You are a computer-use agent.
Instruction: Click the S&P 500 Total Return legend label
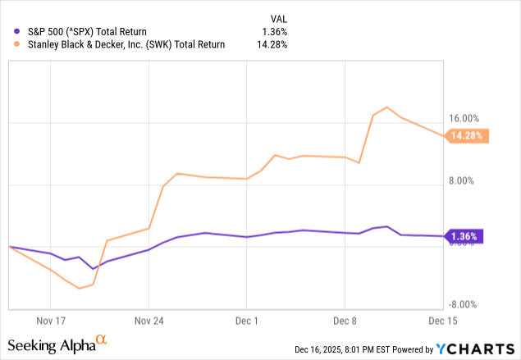click(x=82, y=31)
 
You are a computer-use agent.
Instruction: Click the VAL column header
click(x=278, y=17)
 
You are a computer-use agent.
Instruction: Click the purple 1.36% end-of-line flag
click(x=465, y=237)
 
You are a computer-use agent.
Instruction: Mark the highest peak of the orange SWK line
click(x=386, y=107)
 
